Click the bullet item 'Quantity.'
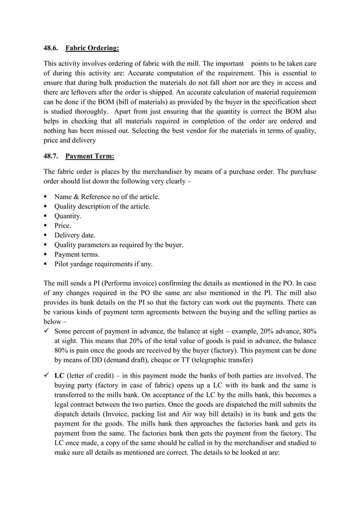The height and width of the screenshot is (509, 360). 68,216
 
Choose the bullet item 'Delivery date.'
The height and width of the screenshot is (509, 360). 74,235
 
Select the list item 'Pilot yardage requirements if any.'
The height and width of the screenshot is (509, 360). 103,264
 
